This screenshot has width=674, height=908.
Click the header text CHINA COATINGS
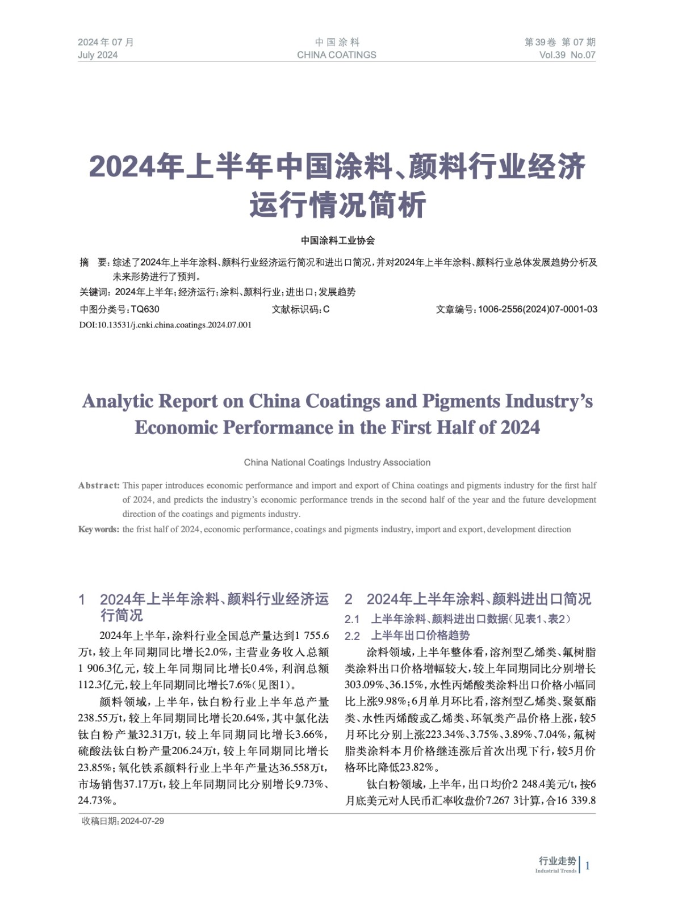coord(336,55)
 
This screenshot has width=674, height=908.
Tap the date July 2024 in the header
coord(98,55)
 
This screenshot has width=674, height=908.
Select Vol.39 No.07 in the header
coord(567,55)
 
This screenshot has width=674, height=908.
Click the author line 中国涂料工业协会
coord(337,241)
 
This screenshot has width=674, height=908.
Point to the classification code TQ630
coord(145,309)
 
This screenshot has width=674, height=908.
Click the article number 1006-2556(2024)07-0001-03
coord(537,309)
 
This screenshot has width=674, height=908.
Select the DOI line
coord(165,325)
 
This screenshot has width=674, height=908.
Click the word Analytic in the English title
coord(118,401)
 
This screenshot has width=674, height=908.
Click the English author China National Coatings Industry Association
coord(337,463)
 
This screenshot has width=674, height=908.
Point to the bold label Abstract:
coord(99,486)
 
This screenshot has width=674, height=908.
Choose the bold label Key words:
coord(98,529)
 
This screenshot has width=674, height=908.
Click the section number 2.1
coord(352,619)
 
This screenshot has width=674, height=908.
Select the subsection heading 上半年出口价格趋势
coord(420,636)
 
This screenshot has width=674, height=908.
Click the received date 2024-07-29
coord(142,821)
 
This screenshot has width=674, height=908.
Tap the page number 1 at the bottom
coord(588,865)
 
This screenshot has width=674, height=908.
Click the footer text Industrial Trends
coord(555,871)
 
